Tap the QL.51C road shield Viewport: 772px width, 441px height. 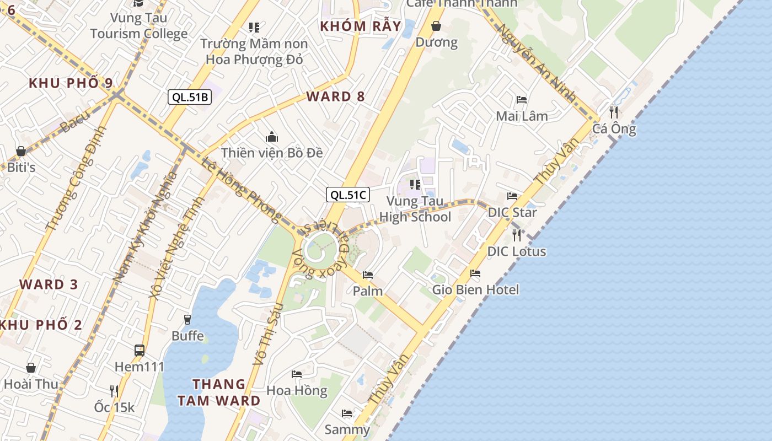point(347,195)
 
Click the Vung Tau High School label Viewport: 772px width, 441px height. point(415,209)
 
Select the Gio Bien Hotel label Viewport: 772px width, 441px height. point(475,289)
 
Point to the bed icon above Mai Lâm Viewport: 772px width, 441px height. point(522,100)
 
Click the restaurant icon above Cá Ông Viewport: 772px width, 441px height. point(613,112)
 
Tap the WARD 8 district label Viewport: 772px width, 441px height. point(335,96)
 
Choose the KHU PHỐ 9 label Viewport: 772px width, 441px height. point(71,83)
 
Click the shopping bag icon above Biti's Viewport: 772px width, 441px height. point(21,150)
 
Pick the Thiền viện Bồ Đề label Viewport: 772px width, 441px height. point(272,153)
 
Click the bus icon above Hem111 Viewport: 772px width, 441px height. point(140,350)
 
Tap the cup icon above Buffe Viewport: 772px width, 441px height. point(187,320)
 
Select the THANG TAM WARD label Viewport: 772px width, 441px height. point(219,392)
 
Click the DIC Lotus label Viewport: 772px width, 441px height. point(517,251)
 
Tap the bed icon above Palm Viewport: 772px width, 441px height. point(368,275)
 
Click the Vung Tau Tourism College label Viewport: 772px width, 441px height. point(139,25)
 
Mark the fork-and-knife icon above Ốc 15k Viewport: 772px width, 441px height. point(114,391)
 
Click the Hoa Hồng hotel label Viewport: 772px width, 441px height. point(297,390)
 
